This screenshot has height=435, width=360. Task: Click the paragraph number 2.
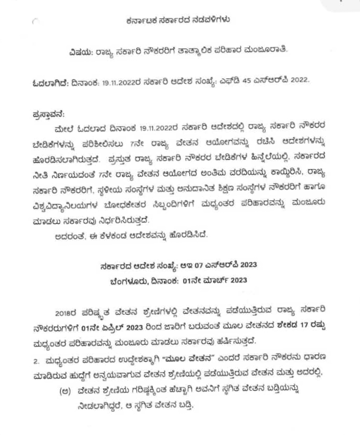coord(36,360)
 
